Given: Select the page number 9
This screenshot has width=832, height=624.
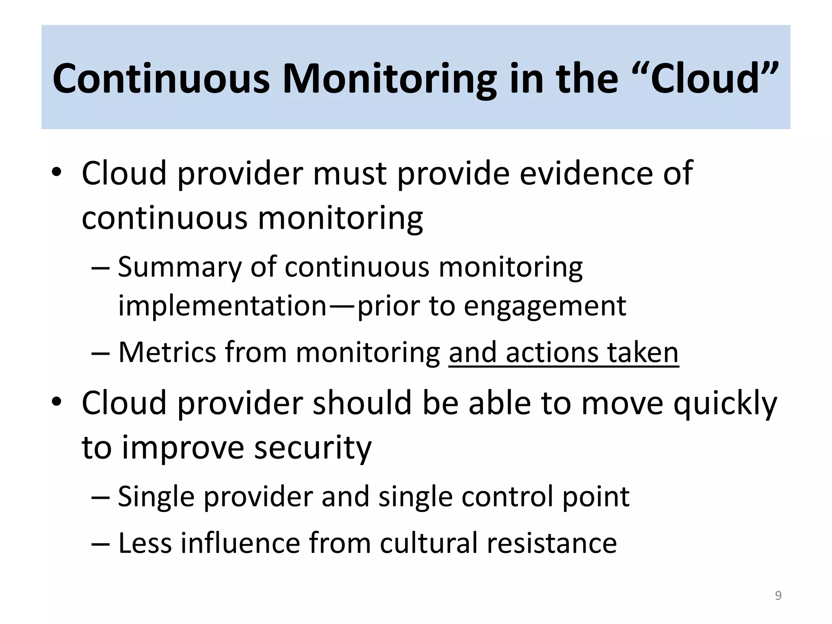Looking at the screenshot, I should click(778, 596).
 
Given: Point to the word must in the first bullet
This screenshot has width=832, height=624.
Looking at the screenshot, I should click(349, 174).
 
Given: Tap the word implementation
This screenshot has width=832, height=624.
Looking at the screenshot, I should click(222, 305).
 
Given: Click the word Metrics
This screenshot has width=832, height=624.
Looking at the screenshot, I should click(167, 352).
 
